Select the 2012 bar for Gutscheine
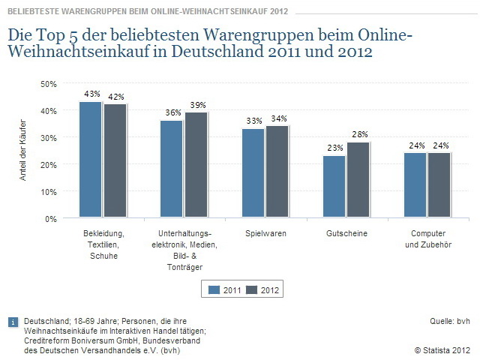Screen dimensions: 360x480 pyautogui.click(x=358, y=180)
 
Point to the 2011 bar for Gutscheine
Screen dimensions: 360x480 pyautogui.click(x=334, y=187)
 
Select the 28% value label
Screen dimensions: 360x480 pyautogui.click(x=359, y=134)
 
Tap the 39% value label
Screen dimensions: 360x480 pyautogui.click(x=197, y=104)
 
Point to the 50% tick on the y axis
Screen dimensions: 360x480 pyautogui.click(x=48, y=83)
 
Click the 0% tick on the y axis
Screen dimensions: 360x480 pyautogui.click(x=51, y=218)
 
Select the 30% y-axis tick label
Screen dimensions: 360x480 pyautogui.click(x=48, y=137)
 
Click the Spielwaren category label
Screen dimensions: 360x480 pyautogui.click(x=265, y=234)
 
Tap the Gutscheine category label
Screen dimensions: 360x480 pyautogui.click(x=346, y=234)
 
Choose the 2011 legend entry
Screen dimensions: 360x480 pyautogui.click(x=225, y=289)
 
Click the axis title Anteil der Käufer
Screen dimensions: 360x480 pyautogui.click(x=23, y=151)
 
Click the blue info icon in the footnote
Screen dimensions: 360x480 pyautogui.click(x=12, y=322)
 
